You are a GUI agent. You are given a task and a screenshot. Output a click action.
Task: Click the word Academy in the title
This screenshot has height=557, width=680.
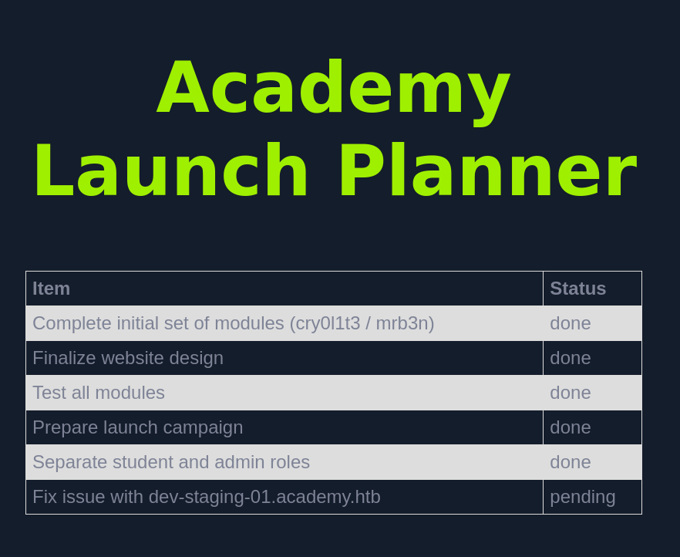tap(333, 87)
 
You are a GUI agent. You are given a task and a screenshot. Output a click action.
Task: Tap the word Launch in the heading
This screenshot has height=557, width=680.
tap(170, 170)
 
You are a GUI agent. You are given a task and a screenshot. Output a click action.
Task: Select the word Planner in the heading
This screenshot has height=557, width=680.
tap(487, 170)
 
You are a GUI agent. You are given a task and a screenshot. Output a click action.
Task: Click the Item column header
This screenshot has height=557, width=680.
tap(51, 289)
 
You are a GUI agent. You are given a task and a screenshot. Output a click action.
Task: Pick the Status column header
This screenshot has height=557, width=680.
tap(577, 289)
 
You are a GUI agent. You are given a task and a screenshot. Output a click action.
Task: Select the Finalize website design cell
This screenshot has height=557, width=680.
tap(128, 358)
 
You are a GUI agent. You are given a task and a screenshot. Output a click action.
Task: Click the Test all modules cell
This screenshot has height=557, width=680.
tap(99, 393)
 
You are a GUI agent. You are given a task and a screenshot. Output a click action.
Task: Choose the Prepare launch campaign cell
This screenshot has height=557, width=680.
tap(137, 427)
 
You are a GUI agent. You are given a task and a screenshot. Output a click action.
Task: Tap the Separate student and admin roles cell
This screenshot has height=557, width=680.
tap(171, 462)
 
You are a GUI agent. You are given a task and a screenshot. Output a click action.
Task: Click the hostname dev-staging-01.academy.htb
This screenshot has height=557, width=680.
tap(264, 497)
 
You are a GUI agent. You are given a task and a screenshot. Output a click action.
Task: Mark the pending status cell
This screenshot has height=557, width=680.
tap(582, 497)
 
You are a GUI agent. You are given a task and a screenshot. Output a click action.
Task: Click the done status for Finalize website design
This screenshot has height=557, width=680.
tap(571, 358)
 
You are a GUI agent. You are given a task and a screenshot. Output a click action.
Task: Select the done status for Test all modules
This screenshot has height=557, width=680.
tap(571, 393)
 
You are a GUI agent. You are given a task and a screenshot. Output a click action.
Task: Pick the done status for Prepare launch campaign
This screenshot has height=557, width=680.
tap(571, 427)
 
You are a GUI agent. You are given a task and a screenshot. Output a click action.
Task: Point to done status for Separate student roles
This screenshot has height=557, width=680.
tap(571, 462)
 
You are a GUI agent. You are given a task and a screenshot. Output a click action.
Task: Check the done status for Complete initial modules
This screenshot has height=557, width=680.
tap(571, 323)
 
